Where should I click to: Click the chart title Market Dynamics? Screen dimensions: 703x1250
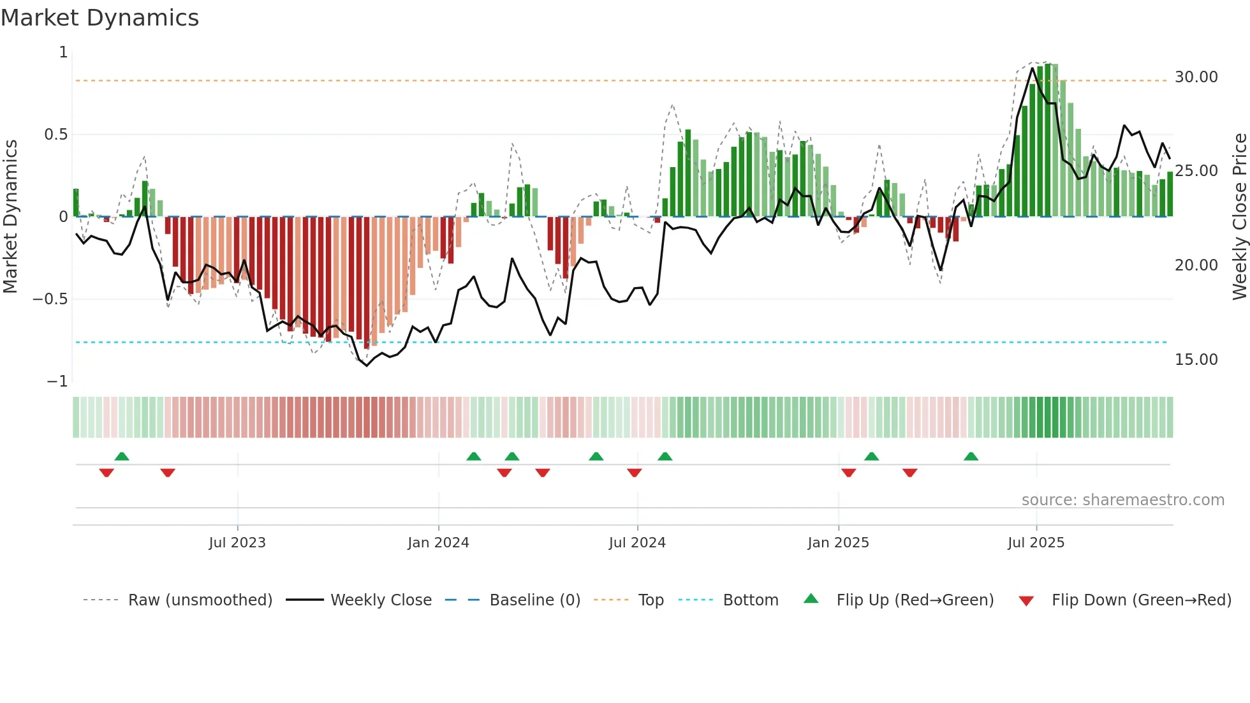pos(99,18)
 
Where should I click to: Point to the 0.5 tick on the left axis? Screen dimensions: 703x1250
pos(55,135)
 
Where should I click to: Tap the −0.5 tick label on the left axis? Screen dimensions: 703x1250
pos(50,299)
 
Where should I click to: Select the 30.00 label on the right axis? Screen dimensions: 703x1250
pos(1196,77)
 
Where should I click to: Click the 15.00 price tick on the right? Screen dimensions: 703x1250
pos(1196,360)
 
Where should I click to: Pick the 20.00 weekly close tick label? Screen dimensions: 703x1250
pos(1196,265)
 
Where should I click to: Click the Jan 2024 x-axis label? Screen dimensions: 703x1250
pos(438,543)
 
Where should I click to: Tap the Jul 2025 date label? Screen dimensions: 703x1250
pos(1036,543)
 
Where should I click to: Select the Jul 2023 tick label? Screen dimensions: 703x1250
pos(237,543)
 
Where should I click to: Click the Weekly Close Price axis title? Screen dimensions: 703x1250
pos(1239,216)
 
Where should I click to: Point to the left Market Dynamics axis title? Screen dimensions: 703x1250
pos(10,216)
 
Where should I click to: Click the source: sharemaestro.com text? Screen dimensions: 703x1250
pos(1122,500)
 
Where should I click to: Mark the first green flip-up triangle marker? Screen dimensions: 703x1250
pos(122,456)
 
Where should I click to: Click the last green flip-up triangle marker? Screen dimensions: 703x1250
pos(971,456)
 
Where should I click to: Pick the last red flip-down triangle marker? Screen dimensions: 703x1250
pos(909,473)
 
